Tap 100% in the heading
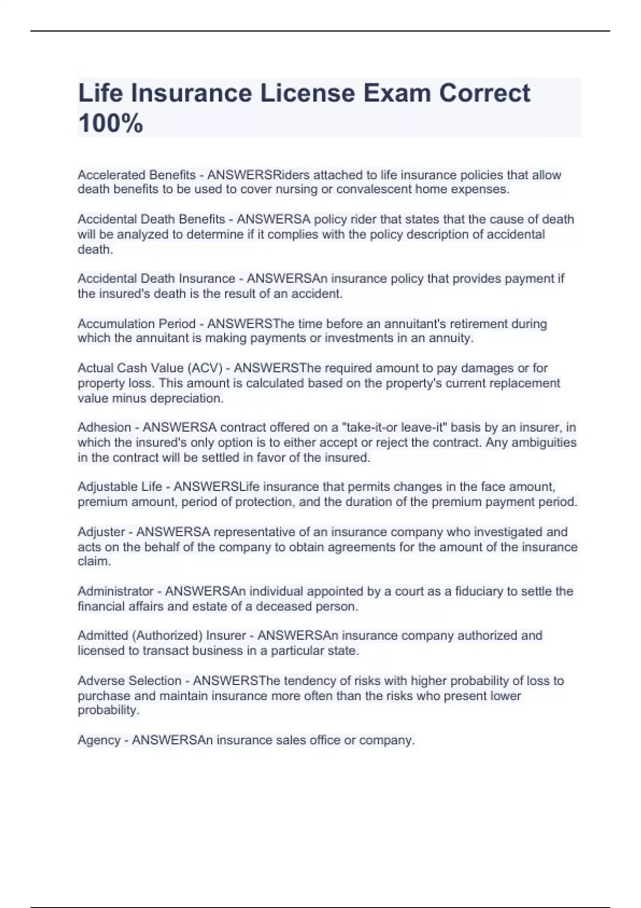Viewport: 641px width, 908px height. click(x=111, y=123)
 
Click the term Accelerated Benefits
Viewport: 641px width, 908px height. click(x=137, y=175)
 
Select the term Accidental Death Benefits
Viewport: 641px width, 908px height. click(x=151, y=220)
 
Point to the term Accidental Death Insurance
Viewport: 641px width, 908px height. click(x=157, y=279)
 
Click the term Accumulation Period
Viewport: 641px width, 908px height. click(x=137, y=324)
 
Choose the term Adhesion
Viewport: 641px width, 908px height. click(x=104, y=427)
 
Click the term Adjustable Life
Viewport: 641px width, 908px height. click(x=120, y=487)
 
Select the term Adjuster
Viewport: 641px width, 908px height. click(x=101, y=532)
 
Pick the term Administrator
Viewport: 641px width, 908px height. click(x=115, y=591)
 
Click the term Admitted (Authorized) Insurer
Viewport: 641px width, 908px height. click(x=162, y=636)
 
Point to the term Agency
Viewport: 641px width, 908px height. click(x=99, y=740)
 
